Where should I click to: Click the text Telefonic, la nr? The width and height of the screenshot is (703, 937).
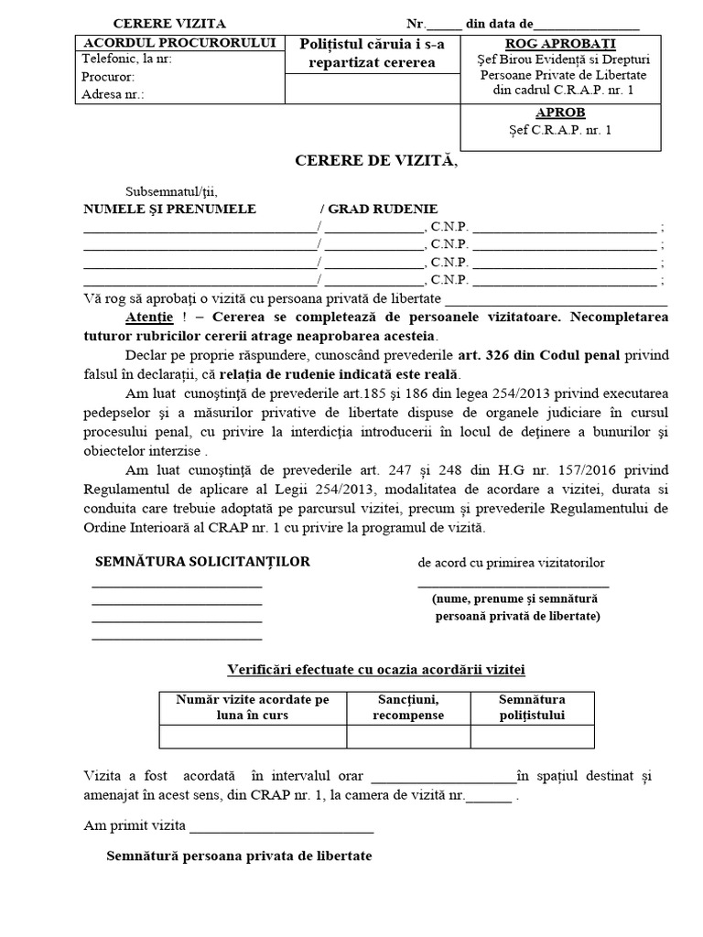tap(126, 59)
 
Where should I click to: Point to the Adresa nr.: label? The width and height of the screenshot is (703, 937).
tap(113, 94)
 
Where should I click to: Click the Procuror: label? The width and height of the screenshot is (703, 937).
tap(108, 77)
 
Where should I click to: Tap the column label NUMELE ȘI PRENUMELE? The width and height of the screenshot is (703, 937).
tap(169, 210)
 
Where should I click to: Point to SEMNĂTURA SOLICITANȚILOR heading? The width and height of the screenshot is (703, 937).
tap(202, 561)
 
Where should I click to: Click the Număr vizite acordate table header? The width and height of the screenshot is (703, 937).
tap(253, 706)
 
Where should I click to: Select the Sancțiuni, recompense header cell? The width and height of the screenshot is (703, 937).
tap(408, 706)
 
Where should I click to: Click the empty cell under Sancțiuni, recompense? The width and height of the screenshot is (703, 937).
tap(408, 737)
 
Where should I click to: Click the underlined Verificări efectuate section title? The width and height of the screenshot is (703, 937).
tap(375, 669)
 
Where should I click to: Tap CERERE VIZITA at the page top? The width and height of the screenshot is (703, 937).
tap(168, 24)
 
